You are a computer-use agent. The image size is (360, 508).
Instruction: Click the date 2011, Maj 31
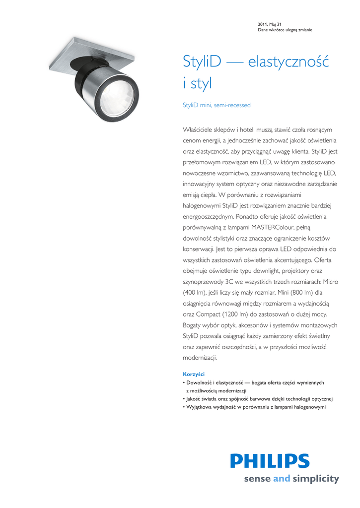point(270,24)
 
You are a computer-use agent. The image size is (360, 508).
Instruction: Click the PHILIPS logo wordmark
point(270,461)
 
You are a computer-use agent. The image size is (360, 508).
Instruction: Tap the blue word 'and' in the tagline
point(282,479)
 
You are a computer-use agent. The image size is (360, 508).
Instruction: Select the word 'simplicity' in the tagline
point(316,479)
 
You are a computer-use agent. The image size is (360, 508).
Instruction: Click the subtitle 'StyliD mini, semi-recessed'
point(216,105)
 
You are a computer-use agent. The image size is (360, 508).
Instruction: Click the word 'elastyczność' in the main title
point(288,63)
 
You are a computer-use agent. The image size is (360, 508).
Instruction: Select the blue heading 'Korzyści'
point(194,374)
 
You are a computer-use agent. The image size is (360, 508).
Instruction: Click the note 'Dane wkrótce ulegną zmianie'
point(285,30)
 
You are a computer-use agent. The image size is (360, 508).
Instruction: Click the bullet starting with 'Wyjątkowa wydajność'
point(254,407)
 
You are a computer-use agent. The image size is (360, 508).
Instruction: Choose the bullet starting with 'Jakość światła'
point(258,399)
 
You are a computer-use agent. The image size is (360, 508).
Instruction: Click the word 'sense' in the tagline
point(257,479)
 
